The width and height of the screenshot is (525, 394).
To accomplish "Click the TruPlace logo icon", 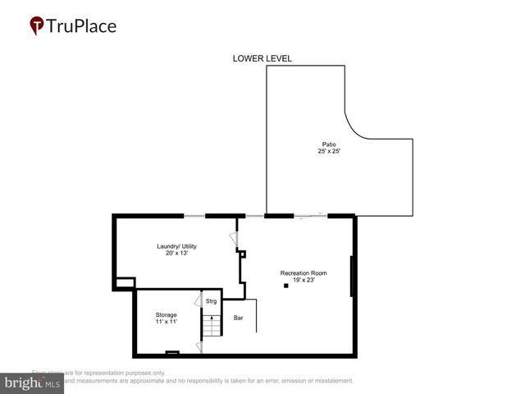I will (x=36, y=26).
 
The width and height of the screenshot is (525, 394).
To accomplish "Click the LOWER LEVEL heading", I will (x=262, y=58).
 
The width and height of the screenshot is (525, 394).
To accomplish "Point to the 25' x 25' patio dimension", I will (x=328, y=151).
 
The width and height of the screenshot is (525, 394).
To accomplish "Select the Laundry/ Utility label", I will (x=176, y=246).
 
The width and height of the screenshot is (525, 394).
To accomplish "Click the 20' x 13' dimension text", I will (x=176, y=253).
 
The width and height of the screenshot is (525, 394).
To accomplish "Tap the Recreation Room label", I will (x=304, y=273).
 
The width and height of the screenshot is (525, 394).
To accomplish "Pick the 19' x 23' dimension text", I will (x=304, y=279).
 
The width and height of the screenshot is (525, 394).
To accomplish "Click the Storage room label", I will (x=167, y=315).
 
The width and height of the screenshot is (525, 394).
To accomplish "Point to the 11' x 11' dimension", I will (x=167, y=322).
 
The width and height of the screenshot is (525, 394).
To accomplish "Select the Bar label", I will (x=239, y=317).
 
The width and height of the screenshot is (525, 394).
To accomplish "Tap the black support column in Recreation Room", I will (x=286, y=286).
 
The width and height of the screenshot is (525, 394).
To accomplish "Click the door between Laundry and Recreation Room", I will (x=234, y=239).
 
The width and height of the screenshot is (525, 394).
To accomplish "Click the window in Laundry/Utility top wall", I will (x=194, y=216).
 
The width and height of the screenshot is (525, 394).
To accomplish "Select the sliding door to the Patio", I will (x=310, y=216).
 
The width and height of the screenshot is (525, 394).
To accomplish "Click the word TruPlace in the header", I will (x=82, y=26).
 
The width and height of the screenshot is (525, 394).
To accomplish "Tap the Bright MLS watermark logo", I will (x=32, y=383).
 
